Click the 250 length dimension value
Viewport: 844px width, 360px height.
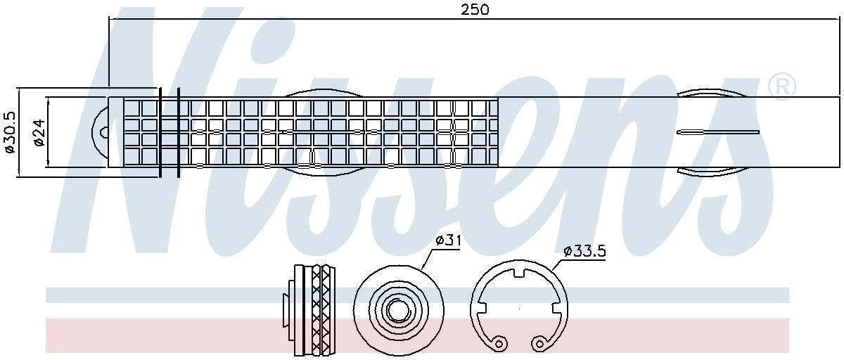tap(475, 9)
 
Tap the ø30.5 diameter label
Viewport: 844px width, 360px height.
tap(9, 132)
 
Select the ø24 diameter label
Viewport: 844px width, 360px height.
tap(39, 133)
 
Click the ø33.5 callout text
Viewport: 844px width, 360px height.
tap(584, 250)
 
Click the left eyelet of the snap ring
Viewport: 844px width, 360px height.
tap(499, 343)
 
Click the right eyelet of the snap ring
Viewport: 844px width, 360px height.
tap(539, 343)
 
